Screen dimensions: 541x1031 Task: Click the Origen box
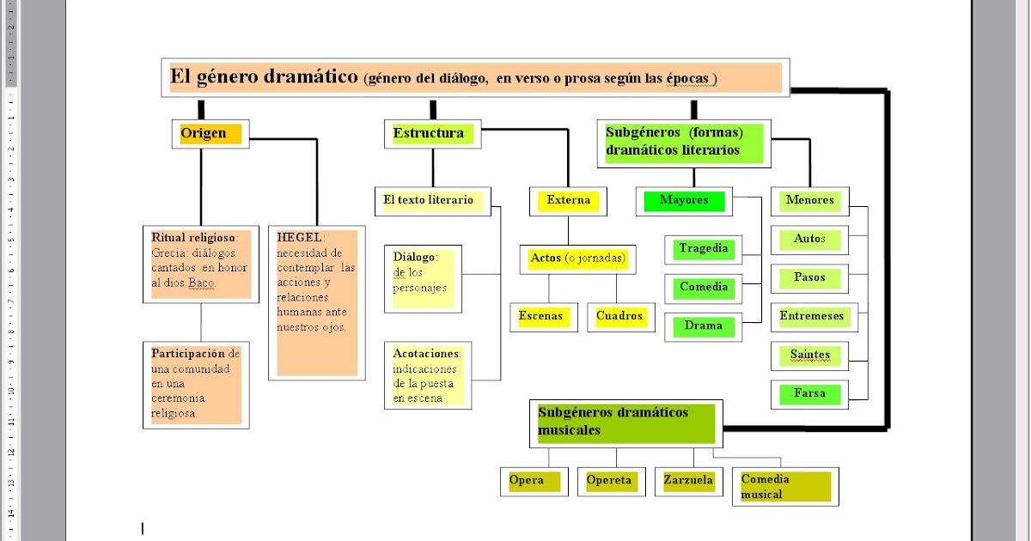click(x=210, y=134)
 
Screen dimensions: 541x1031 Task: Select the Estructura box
click(x=432, y=134)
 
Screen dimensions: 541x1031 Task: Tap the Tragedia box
click(x=704, y=249)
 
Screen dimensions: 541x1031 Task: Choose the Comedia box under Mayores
click(x=704, y=288)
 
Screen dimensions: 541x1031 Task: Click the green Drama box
click(x=704, y=326)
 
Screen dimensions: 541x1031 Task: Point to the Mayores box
click(x=684, y=201)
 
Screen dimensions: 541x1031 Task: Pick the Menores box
click(x=809, y=201)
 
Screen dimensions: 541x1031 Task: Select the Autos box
click(x=809, y=239)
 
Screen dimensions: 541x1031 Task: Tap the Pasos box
click(x=809, y=278)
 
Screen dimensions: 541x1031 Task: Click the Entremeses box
click(x=811, y=316)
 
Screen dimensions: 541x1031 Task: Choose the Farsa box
click(x=809, y=394)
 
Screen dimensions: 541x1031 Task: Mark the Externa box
click(x=569, y=201)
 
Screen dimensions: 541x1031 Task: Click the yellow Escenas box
click(x=541, y=316)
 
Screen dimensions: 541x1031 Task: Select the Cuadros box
click(x=619, y=316)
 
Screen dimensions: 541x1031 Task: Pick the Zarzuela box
click(x=688, y=481)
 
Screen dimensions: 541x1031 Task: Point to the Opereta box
click(x=609, y=481)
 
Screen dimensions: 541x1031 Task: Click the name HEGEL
click(x=298, y=236)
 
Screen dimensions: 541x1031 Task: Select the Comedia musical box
click(x=784, y=486)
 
